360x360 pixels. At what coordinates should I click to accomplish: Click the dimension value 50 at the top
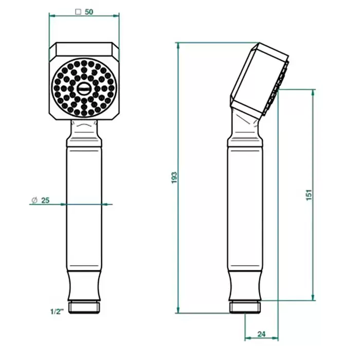click(89, 12)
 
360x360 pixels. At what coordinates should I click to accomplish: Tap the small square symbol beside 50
click(78, 12)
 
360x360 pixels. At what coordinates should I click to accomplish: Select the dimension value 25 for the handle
click(45, 200)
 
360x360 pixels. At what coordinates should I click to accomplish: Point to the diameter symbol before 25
click(34, 200)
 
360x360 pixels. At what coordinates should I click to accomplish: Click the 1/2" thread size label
click(57, 312)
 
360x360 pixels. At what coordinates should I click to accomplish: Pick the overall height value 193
click(174, 177)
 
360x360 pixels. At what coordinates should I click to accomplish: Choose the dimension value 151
click(309, 195)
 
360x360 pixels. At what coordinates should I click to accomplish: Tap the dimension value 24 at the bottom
click(261, 334)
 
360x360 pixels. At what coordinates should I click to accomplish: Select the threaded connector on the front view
click(84, 308)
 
